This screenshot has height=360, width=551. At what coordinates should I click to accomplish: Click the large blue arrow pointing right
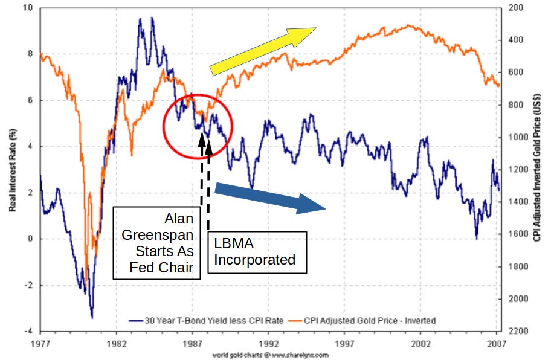[x=270, y=198]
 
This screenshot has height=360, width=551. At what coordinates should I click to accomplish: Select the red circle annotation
[x=198, y=126]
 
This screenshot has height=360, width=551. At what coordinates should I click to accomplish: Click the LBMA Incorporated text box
[x=257, y=252]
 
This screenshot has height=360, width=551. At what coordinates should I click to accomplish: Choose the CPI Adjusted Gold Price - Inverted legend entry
[x=369, y=321]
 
